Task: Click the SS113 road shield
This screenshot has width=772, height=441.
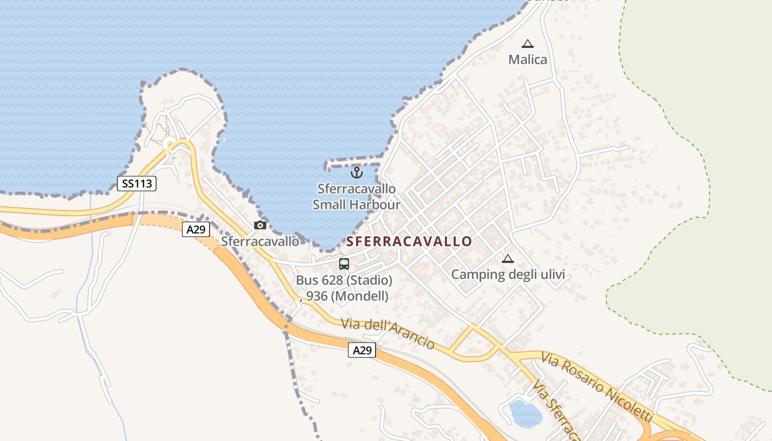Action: coord(137,184)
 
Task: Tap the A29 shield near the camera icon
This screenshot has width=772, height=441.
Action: coord(196,229)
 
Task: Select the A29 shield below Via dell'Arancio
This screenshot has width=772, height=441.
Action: coord(362,349)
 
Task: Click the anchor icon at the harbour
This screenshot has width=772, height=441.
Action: coord(357,173)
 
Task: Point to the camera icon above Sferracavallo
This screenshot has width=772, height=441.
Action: coord(260,225)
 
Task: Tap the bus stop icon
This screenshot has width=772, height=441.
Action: coord(344,264)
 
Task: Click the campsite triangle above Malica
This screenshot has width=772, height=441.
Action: coord(528,44)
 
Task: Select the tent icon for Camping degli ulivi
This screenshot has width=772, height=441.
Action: coord(507,259)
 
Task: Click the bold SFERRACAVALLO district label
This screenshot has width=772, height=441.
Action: coord(409,241)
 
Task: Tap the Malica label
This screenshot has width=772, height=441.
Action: coord(528,60)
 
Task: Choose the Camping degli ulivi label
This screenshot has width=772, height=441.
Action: coord(508,275)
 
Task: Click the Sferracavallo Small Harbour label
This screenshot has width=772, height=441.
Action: coord(356,197)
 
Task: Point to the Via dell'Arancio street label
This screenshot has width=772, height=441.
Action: coord(388,333)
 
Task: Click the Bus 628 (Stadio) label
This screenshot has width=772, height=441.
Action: coord(344,280)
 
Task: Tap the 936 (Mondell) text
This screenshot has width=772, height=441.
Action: coord(347,296)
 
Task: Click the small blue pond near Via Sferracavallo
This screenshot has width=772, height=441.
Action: coord(525,414)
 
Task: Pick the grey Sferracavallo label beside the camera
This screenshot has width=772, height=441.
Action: coord(260,241)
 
